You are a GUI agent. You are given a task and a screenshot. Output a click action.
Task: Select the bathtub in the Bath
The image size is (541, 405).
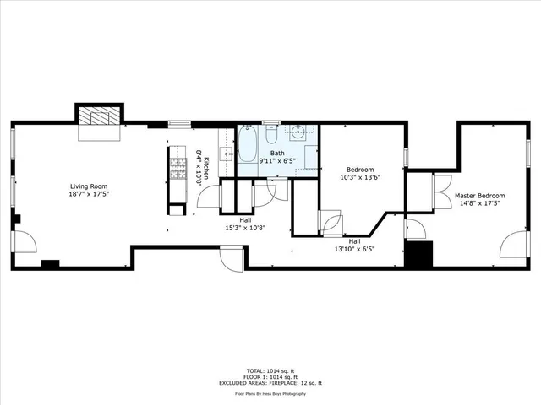point(248,144)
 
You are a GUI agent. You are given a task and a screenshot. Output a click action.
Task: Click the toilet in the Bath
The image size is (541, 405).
point(271,135)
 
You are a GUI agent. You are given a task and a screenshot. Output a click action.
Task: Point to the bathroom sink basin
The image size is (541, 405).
point(299,132)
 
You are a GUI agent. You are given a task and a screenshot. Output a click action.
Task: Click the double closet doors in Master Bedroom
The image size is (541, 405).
point(441,190)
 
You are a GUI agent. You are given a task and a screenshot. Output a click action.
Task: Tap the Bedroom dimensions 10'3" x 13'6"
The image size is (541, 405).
point(361,177)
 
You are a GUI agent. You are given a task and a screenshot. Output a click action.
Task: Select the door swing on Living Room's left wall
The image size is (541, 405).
point(25,242)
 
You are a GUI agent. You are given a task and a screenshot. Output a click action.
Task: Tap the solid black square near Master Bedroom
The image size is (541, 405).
point(418,255)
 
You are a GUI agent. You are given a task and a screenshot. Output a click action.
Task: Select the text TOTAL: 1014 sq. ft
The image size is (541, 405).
point(270,370)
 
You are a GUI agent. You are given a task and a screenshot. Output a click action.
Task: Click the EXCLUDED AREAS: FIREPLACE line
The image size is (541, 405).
point(270,384)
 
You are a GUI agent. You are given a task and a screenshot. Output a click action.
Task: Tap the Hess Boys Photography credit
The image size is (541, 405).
point(270,393)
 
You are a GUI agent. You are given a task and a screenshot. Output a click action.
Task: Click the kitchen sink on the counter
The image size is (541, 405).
point(227,154)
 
